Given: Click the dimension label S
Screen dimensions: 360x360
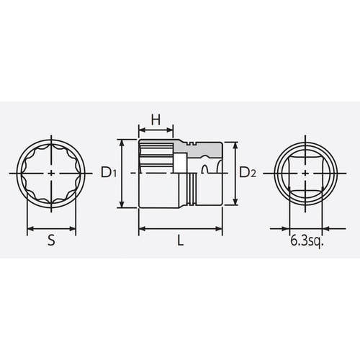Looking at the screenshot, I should pyautogui.click(x=51, y=243).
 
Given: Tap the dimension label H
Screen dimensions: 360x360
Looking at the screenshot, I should pyautogui.click(x=156, y=120).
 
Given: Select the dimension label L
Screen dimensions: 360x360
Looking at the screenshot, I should pyautogui.click(x=180, y=243).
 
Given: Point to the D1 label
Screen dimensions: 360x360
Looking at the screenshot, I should pyautogui.click(x=108, y=173).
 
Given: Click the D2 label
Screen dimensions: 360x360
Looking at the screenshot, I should pyautogui.click(x=248, y=173).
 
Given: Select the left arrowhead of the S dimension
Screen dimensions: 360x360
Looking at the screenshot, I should pyautogui.click(x=30, y=230).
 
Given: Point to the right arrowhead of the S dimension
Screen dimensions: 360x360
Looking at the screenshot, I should pyautogui.click(x=73, y=230).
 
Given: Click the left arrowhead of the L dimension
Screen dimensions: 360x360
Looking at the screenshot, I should pyautogui.click(x=140, y=230).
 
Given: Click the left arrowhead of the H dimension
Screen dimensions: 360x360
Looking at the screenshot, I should pyautogui.click(x=140, y=132).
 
